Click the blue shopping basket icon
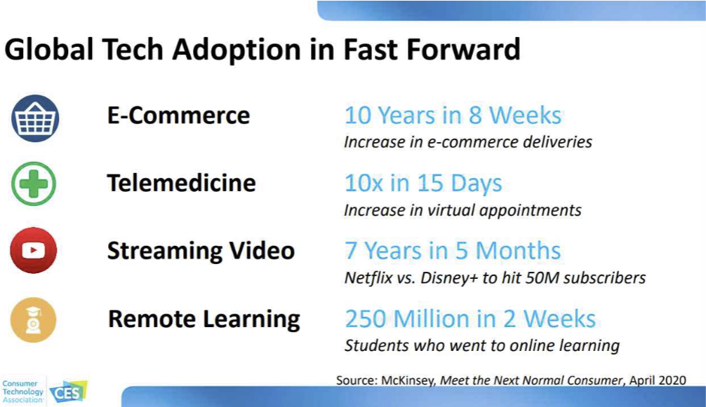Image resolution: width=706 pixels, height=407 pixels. point(35,118)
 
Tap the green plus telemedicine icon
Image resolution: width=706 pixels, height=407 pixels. point(34,184)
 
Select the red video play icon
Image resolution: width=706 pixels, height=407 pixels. point(33,250)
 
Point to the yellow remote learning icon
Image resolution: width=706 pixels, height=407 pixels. point(33,320)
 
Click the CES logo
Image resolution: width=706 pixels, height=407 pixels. point(68,392)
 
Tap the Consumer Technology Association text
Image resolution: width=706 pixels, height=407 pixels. point(22,392)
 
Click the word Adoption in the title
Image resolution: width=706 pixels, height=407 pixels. point(237,49)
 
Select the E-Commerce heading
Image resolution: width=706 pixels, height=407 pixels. point(178,116)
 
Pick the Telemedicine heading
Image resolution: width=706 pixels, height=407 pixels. point(182,184)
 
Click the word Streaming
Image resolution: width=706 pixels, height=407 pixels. point(164,251)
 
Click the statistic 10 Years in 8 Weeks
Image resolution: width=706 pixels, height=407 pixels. point(453,116)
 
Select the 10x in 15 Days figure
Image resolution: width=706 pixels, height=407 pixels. point(423,184)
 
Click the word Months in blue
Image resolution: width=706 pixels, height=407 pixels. point(518,251)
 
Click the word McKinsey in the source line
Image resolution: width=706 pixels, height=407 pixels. point(408,381)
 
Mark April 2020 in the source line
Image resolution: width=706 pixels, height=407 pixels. point(658,381)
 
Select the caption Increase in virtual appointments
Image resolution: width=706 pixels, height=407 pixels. point(462,210)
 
